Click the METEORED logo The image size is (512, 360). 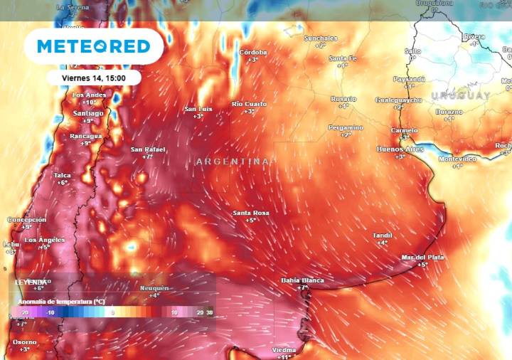pos(93,46)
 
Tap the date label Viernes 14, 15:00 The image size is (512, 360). pos(95,78)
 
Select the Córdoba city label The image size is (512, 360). pos(253,53)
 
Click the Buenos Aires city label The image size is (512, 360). pos(400,149)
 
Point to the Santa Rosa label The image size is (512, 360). pos(251,213)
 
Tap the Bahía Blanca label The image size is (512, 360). pos(302,280)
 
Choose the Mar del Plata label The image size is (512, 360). pos(422,257)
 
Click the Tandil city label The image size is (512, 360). pos(382,235)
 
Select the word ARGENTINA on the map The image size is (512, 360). pos(233,162)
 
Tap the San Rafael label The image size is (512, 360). pos(148,149)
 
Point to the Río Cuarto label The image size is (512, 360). pos(249,104)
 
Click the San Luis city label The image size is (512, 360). pos(198,109)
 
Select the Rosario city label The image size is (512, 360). pos(343,99)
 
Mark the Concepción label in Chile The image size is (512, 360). pos(27,220)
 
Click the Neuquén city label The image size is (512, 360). pos(154,287)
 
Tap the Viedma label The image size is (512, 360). pos(284,349)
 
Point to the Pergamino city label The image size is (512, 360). pos(346,127)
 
